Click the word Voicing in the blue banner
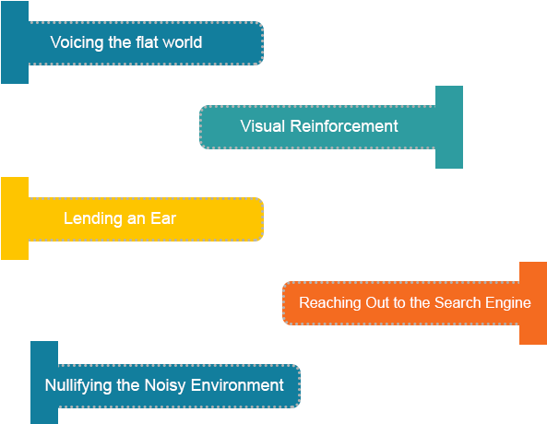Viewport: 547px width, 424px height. (x=75, y=42)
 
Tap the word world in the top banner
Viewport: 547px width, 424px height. (x=181, y=42)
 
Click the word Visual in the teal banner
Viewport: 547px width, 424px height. (x=263, y=126)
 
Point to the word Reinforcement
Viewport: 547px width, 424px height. (x=344, y=126)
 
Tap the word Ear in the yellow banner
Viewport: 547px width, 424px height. (x=163, y=218)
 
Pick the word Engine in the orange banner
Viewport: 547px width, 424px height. (x=508, y=302)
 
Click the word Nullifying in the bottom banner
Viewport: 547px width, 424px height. (x=78, y=385)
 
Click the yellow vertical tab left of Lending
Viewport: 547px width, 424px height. (x=15, y=218)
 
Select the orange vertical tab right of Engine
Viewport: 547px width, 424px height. (x=533, y=302)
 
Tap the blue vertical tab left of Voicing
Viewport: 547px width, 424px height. (x=15, y=42)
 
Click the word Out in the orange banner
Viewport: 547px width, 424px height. (x=375, y=302)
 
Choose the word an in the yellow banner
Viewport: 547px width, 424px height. (x=137, y=218)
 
